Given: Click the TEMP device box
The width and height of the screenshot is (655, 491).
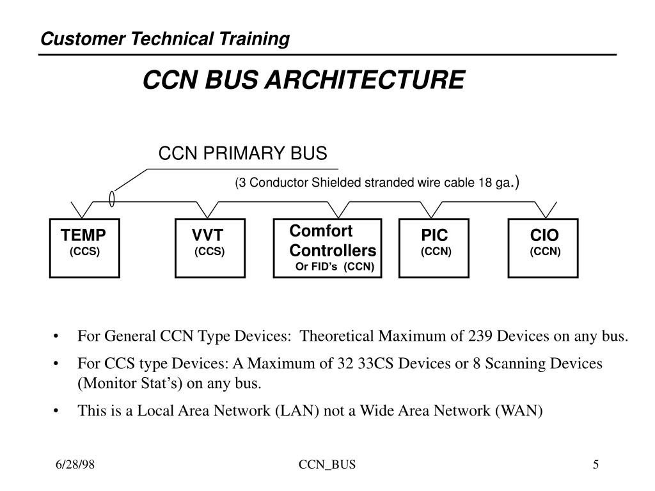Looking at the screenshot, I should [84, 248].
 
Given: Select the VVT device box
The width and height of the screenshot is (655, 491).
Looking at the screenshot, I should [210, 248].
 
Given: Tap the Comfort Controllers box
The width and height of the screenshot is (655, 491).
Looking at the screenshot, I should [328, 248].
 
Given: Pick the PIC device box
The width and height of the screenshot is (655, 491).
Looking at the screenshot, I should [434, 248].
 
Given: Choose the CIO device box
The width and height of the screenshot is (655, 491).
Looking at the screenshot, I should [543, 248].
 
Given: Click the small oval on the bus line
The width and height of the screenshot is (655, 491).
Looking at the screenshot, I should [113, 200].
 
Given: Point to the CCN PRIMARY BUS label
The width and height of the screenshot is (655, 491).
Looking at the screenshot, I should [242, 154].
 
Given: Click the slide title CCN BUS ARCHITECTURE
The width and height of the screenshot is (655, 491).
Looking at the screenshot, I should [303, 81].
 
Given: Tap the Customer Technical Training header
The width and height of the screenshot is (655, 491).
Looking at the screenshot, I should [165, 40].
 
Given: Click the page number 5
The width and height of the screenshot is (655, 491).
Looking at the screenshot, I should [596, 465].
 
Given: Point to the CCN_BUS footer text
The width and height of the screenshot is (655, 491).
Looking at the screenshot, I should [327, 465].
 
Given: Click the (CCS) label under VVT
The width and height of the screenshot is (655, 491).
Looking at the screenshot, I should [210, 252].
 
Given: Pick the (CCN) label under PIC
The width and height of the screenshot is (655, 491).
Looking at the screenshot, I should [436, 252].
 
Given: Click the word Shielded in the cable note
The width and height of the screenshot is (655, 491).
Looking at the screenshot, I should [336, 183].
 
